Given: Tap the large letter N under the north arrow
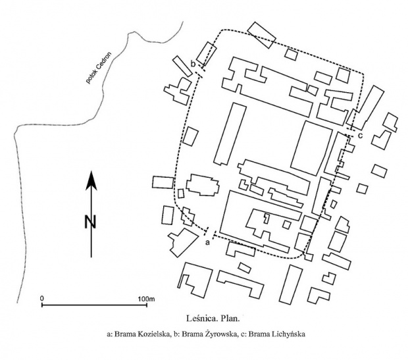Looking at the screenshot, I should tap(90, 222).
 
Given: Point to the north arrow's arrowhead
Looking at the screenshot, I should tap(91, 178).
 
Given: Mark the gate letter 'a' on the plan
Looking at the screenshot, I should tap(208, 243).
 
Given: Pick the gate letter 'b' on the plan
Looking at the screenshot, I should tap(192, 63).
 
